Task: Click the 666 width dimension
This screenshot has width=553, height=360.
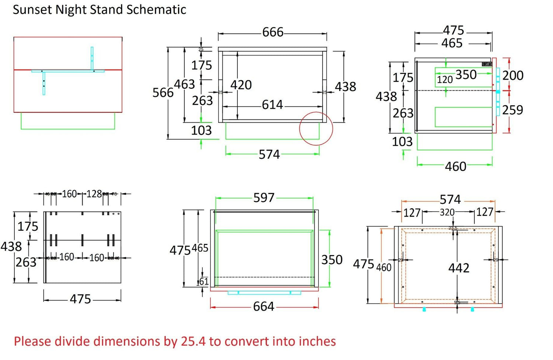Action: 273,32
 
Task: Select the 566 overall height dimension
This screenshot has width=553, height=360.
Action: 163,92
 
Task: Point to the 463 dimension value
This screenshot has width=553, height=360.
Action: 184,84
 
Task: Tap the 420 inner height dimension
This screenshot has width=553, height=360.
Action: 241,85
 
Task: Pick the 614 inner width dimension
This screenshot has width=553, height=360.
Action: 272,105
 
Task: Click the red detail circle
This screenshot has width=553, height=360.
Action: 316,129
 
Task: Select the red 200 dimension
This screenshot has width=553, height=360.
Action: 513,76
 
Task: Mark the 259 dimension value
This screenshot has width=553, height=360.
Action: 513,110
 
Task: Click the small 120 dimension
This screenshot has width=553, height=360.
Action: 445,80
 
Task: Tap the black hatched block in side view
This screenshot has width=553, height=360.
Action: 487,64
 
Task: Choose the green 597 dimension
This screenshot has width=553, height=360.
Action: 264,198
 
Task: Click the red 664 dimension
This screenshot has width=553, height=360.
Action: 264,307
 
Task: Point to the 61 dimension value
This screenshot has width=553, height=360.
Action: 204,282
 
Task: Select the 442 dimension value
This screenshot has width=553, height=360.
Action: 459,268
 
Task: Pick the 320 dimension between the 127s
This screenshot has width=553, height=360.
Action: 447,212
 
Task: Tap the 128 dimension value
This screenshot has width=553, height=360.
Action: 94,194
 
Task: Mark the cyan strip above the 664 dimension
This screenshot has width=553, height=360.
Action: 264,293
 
